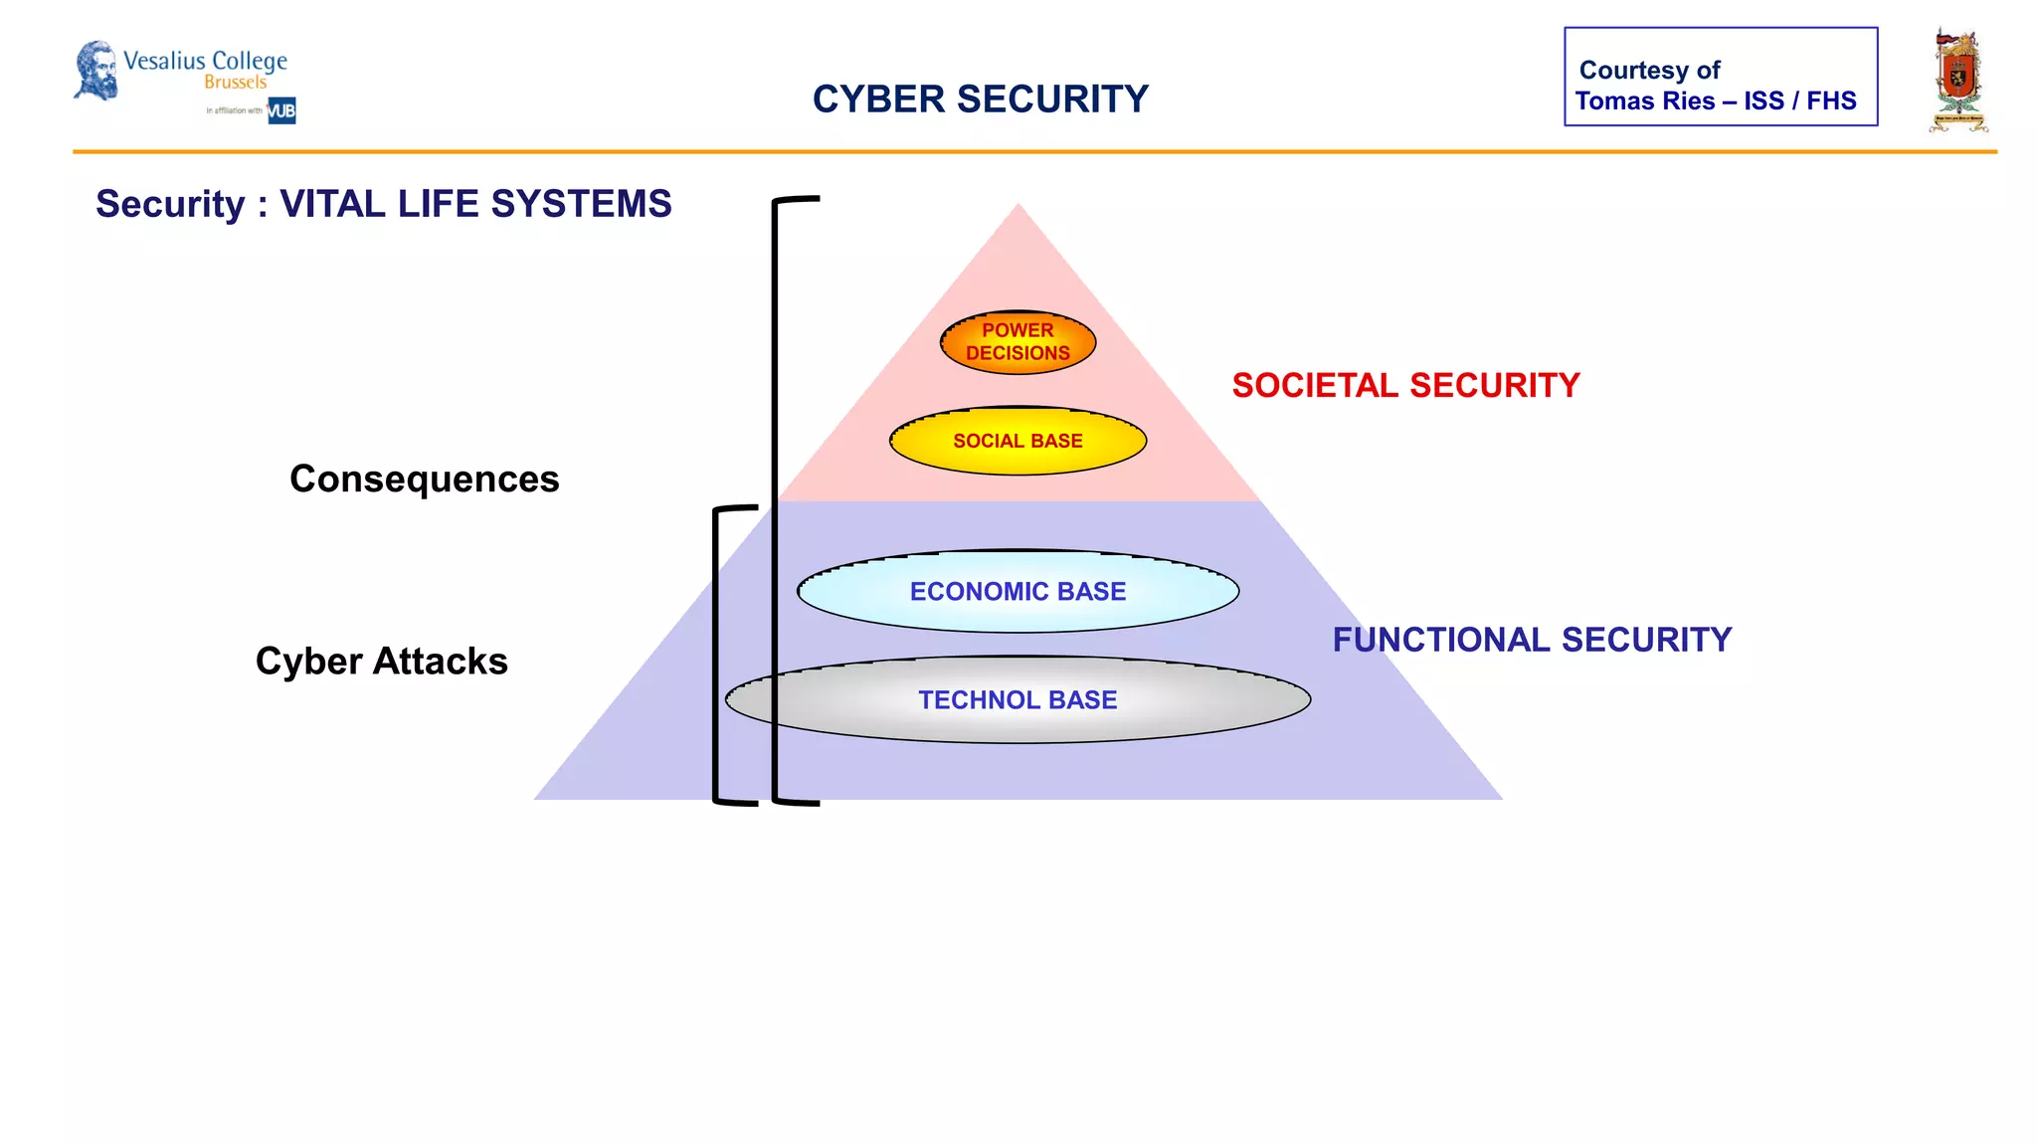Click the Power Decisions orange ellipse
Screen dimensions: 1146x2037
(x=1018, y=342)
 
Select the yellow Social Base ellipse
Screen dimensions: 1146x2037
(x=1018, y=441)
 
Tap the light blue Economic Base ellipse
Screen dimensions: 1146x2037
(x=1018, y=592)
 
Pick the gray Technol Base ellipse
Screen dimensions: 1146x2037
(x=1018, y=700)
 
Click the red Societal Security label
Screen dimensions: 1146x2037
(x=1405, y=386)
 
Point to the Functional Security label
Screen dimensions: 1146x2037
(x=1532, y=640)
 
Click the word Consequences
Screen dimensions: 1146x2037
(x=424, y=479)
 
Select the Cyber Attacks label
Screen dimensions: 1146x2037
(x=381, y=662)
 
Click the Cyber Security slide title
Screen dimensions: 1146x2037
(x=980, y=99)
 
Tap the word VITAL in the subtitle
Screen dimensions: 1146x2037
(x=332, y=204)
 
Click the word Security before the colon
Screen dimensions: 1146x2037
(x=170, y=204)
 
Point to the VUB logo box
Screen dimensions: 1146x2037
(x=281, y=110)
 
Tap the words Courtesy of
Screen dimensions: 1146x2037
(x=1649, y=71)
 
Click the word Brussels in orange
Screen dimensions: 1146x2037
(x=236, y=83)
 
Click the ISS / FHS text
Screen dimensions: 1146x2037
(x=1799, y=101)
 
